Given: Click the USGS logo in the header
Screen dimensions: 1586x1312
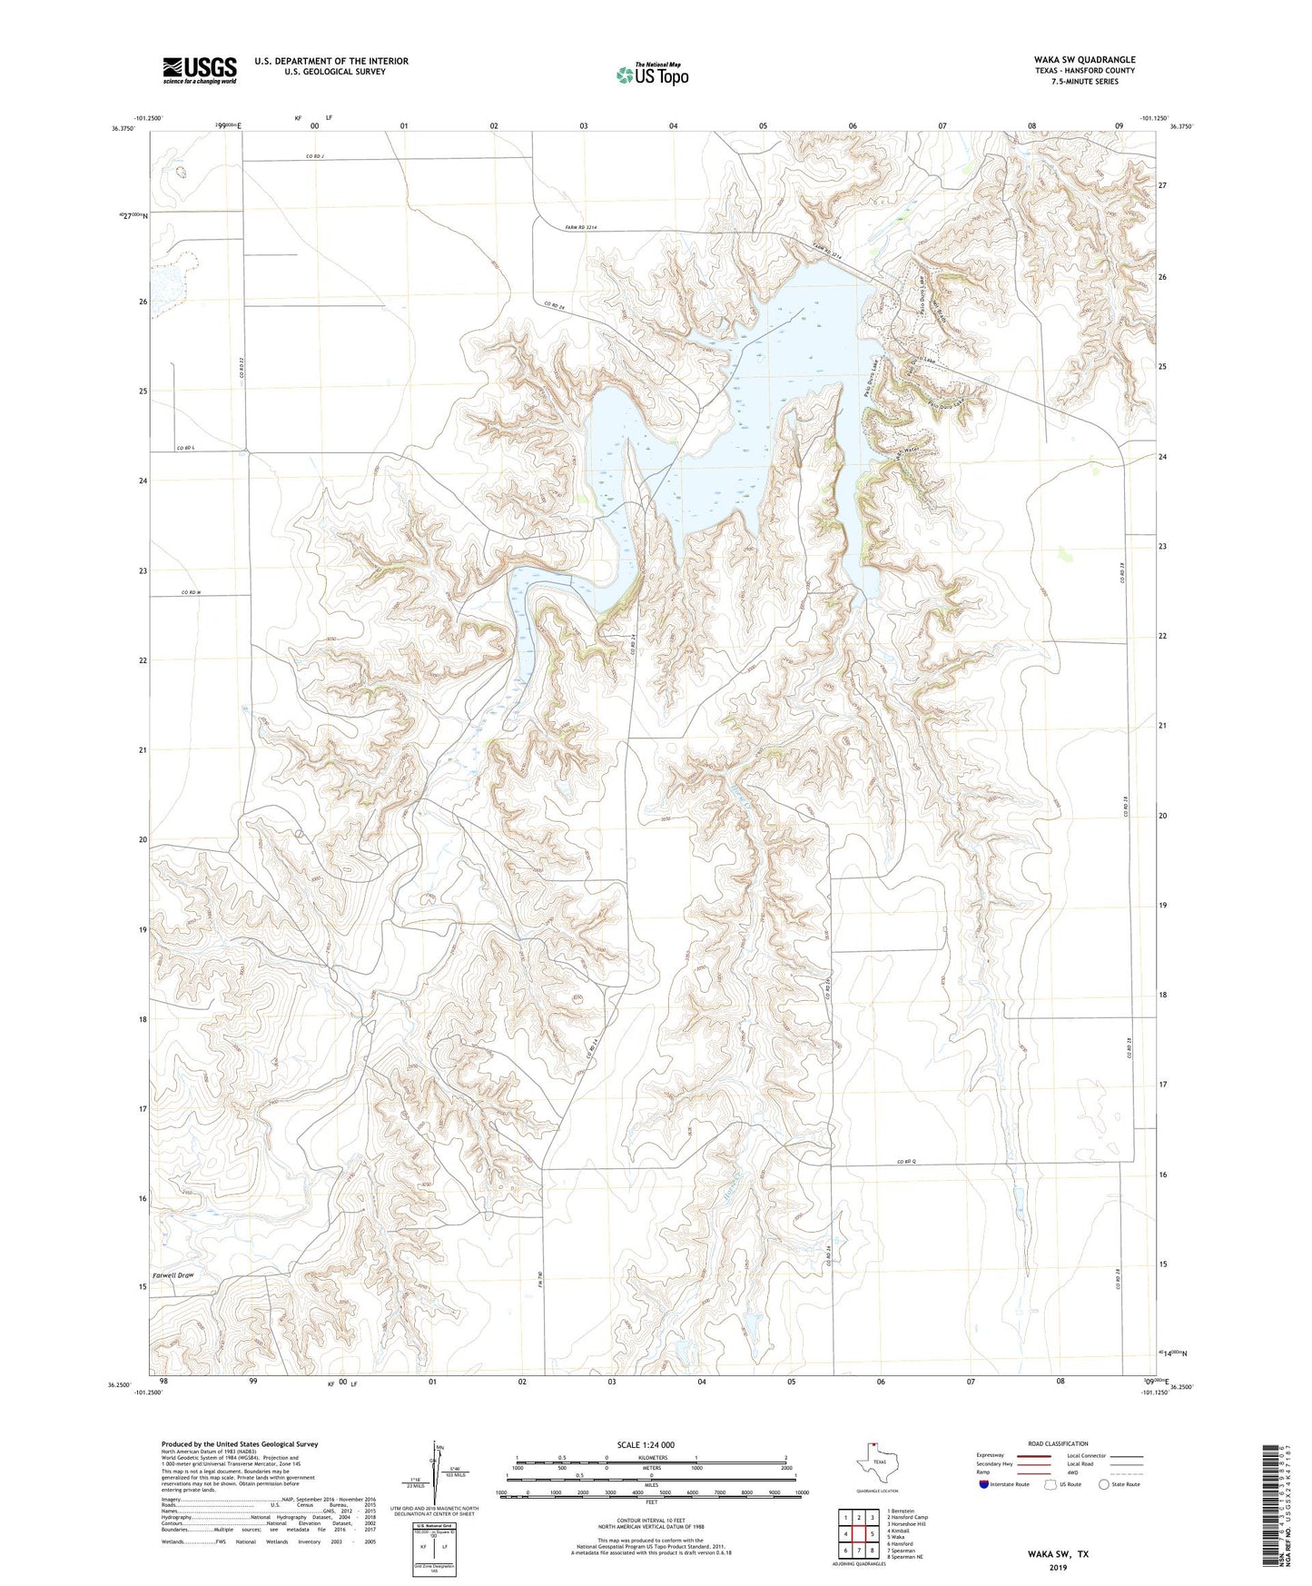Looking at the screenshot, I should tap(199, 70).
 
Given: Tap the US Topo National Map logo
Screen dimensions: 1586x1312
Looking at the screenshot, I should tap(652, 74).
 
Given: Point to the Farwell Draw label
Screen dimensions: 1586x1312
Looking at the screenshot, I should tap(173, 1275).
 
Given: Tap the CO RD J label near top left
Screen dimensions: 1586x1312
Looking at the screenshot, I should tap(314, 157).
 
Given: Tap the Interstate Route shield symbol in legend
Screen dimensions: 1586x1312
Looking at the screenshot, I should tap(984, 1484).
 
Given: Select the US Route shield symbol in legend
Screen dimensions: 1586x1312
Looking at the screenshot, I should tap(1051, 1484).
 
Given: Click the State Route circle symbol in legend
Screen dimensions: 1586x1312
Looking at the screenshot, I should tap(1104, 1484).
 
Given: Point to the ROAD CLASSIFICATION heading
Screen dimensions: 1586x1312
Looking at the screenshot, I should tap(1058, 1443).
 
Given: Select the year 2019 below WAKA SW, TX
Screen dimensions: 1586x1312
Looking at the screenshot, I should tap(1058, 1567).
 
